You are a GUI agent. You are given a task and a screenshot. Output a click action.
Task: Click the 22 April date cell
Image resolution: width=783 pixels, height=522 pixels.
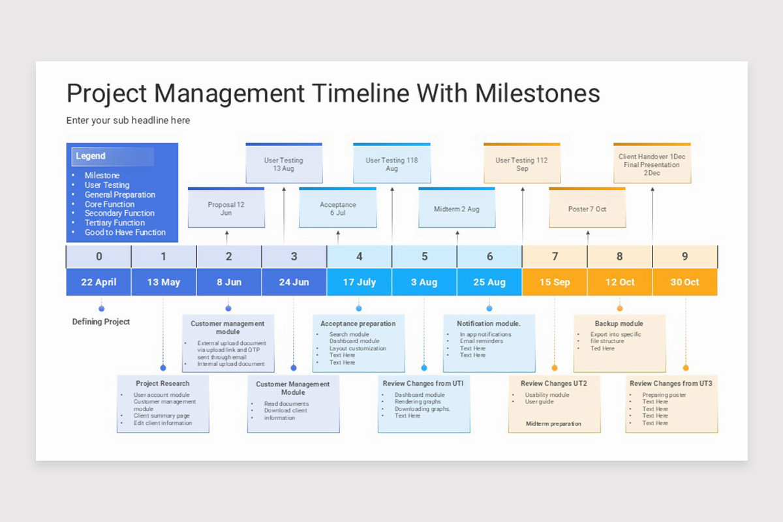click(99, 283)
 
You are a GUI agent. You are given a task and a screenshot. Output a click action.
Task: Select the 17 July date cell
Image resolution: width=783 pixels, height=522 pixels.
click(359, 283)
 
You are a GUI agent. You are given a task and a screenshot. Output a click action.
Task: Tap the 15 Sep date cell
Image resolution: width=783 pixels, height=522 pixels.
click(555, 283)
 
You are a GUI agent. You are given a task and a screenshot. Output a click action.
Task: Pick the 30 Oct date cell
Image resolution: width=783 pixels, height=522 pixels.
click(684, 283)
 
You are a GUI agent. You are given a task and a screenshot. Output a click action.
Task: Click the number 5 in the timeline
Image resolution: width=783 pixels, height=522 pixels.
click(424, 256)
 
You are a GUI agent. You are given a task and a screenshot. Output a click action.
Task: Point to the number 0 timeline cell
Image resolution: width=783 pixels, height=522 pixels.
click(99, 256)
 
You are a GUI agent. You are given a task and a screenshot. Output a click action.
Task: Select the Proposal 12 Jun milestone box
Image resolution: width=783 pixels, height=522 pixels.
click(226, 209)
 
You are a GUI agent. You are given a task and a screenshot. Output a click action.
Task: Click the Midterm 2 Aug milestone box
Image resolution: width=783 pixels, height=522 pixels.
click(457, 209)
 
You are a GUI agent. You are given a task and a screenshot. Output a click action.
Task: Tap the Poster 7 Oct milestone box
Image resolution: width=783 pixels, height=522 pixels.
click(587, 209)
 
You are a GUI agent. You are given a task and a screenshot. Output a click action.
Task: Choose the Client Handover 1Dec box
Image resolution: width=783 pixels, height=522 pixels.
click(652, 164)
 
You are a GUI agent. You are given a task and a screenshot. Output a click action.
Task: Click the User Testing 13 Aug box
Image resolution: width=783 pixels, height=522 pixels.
click(284, 164)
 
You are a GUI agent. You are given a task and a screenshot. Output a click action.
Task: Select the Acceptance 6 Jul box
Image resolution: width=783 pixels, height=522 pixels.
click(337, 209)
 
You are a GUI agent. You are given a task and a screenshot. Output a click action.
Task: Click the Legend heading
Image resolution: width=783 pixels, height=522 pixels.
click(91, 156)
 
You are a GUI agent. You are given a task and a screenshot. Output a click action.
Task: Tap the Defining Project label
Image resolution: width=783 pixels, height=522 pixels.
click(101, 322)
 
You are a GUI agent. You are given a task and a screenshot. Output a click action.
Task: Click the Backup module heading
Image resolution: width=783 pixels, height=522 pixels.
click(619, 324)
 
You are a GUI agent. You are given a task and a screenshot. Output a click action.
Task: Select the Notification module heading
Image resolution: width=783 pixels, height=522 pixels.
click(489, 324)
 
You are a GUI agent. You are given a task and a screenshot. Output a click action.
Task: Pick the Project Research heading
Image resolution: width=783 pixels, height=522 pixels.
click(162, 384)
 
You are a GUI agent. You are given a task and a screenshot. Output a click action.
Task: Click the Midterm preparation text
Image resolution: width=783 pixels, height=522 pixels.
click(553, 423)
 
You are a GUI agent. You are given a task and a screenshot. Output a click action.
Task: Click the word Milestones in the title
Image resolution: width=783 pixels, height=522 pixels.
click(537, 93)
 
